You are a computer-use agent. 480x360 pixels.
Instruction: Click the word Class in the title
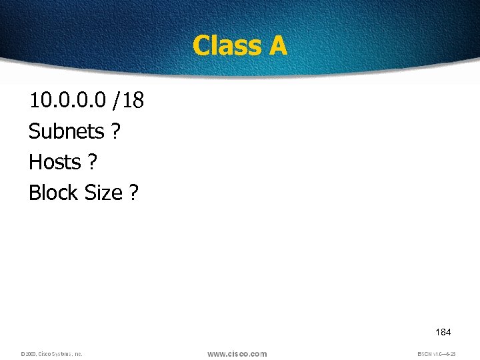pos(225,45)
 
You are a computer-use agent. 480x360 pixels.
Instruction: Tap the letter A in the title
pos(277,45)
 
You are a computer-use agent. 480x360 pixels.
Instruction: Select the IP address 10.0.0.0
pos(67,101)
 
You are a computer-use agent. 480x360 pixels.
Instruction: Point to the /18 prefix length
pos(128,101)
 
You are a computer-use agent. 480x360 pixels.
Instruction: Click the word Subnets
pos(66,131)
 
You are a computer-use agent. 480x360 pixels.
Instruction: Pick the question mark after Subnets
pos(116,131)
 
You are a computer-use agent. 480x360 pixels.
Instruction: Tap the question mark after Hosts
pos(93,162)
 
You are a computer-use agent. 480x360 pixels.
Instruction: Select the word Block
pos(53,193)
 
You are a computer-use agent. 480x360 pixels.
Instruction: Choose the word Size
pos(103,193)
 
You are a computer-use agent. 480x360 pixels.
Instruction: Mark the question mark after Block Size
pos(134,193)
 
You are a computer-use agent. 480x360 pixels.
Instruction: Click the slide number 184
pos(443,332)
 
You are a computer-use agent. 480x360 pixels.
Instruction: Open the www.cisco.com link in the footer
pos(237,354)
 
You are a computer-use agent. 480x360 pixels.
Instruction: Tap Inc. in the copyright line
pos(78,354)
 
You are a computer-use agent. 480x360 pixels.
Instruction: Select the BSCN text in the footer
pos(424,354)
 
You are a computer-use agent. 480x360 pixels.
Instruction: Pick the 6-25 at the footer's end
pos(451,354)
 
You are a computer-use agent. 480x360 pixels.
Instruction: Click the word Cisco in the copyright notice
pos(45,354)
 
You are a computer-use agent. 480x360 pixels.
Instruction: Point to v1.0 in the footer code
pos(437,354)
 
